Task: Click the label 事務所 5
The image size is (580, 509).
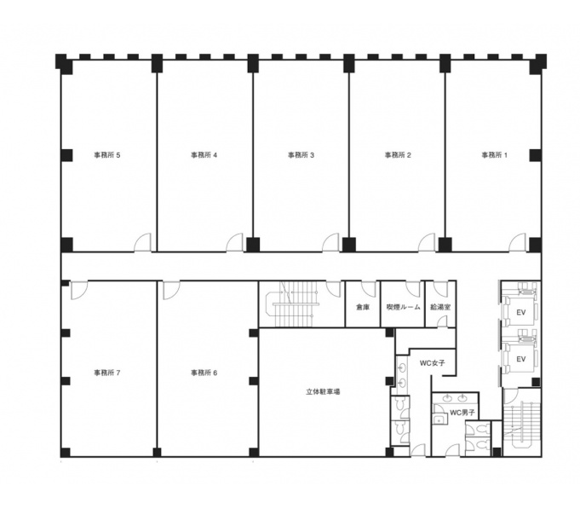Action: click(107, 155)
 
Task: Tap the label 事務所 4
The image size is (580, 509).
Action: click(204, 155)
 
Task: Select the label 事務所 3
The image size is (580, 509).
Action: click(301, 155)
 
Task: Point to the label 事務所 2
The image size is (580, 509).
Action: click(398, 155)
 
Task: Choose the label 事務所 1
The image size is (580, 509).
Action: click(495, 155)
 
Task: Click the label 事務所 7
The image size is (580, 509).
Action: click(107, 373)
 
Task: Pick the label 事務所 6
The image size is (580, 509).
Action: click(204, 373)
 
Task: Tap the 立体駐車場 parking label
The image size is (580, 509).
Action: click(323, 391)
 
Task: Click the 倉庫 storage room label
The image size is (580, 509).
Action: click(363, 307)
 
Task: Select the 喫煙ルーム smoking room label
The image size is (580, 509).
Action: click(403, 307)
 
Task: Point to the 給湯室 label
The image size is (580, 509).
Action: click(440, 307)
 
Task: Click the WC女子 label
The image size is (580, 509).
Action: click(432, 363)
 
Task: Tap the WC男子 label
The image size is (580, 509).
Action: click(462, 413)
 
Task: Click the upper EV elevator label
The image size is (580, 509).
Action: click(521, 312)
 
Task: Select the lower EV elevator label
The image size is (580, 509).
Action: click(521, 359)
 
